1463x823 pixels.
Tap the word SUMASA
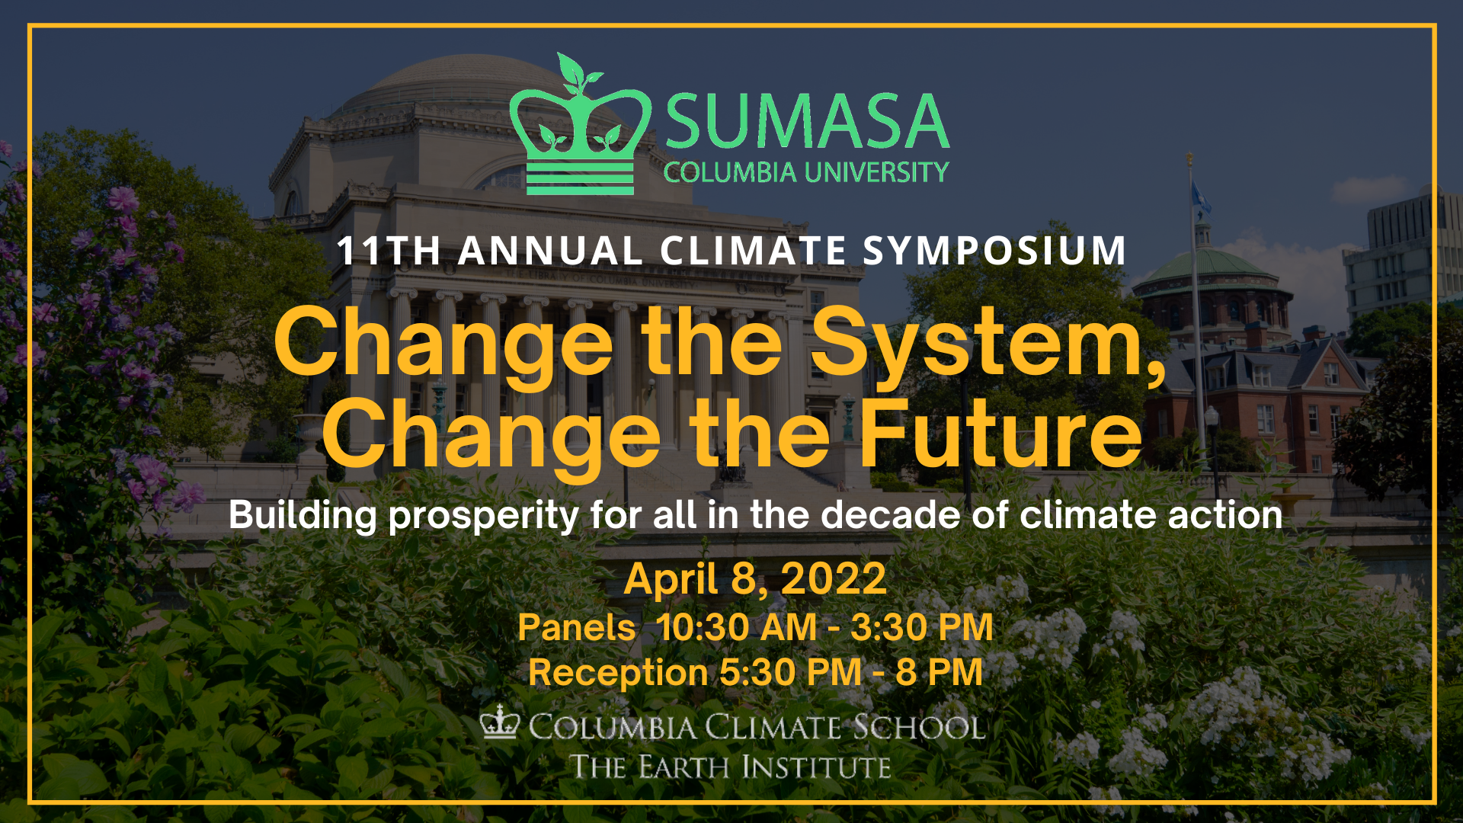807,121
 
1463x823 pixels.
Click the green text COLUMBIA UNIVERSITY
806,172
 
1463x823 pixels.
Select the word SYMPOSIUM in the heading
994,251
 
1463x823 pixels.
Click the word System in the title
988,344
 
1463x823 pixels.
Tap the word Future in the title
1000,434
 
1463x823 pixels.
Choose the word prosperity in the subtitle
484,517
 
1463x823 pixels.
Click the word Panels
577,628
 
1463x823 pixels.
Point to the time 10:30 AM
736,628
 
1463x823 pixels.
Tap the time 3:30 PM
922,628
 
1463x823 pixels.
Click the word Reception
618,673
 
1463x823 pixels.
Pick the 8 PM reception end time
939,673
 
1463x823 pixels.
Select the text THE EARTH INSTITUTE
731,767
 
